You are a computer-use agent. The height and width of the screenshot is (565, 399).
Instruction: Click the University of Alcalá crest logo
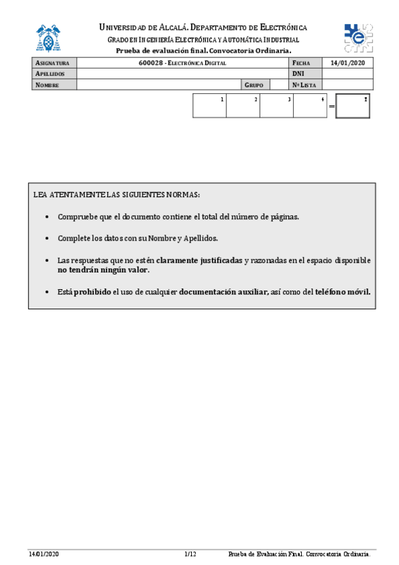pos(51,39)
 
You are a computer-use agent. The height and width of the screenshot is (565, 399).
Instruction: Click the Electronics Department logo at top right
pos(358,37)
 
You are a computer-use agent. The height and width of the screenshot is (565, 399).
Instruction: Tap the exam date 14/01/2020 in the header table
pos(348,63)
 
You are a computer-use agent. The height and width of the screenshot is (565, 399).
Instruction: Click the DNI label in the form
pos(298,74)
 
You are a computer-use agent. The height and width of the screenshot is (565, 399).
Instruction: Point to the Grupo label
pos(254,85)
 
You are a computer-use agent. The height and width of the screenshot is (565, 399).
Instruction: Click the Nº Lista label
pos(304,85)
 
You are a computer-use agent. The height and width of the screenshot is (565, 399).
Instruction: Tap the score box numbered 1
pos(209,106)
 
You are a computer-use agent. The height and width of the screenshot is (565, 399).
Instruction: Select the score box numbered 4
pos(310,106)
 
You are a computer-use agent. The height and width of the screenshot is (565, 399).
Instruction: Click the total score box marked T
pos(353,106)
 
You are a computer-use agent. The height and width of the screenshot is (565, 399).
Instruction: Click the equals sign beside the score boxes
pos(331,107)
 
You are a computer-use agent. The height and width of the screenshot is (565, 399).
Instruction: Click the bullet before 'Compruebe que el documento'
pos(46,217)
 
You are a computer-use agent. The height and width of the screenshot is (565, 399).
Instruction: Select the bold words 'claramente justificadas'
pos(199,260)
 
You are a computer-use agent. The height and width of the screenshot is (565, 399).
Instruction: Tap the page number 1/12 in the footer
pos(190,554)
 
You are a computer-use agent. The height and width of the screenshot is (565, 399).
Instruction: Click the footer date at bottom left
pos(43,554)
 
